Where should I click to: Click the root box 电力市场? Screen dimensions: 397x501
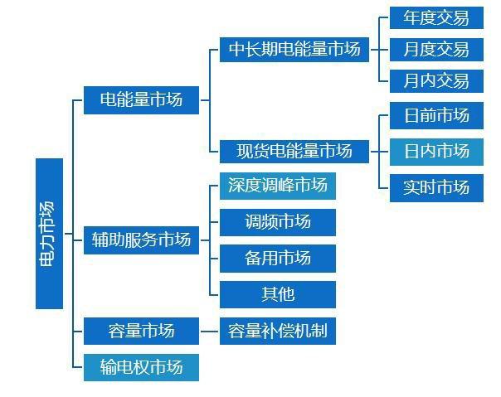pos(49,233)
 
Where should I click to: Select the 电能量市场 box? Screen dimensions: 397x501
pos(141,100)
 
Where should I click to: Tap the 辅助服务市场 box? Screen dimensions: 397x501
pos(141,240)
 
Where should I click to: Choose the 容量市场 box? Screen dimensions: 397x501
pos(141,331)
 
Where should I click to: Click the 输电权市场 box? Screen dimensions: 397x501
pos(141,366)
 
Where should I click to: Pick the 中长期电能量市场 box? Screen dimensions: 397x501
pos(294,50)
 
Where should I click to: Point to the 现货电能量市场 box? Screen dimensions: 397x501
pos(294,151)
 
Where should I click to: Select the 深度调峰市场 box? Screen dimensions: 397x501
pos(277,186)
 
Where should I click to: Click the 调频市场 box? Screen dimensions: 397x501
pos(277,222)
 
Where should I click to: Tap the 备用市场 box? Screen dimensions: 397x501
pos(277,259)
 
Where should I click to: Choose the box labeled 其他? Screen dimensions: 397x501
pos(277,294)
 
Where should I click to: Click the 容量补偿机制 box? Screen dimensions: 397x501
pos(277,332)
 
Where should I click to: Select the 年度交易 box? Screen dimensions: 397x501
pos(435,17)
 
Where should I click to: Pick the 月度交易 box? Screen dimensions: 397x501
pos(435,49)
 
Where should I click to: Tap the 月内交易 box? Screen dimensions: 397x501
pos(435,80)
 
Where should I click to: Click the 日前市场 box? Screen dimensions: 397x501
pos(435,115)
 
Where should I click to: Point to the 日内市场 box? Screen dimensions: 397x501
pos(435,151)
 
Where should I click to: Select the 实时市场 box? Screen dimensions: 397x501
pos(435,187)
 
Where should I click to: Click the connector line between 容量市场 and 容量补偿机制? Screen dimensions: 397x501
pos(209,332)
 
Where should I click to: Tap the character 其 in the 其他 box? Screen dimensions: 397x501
pos(269,294)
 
